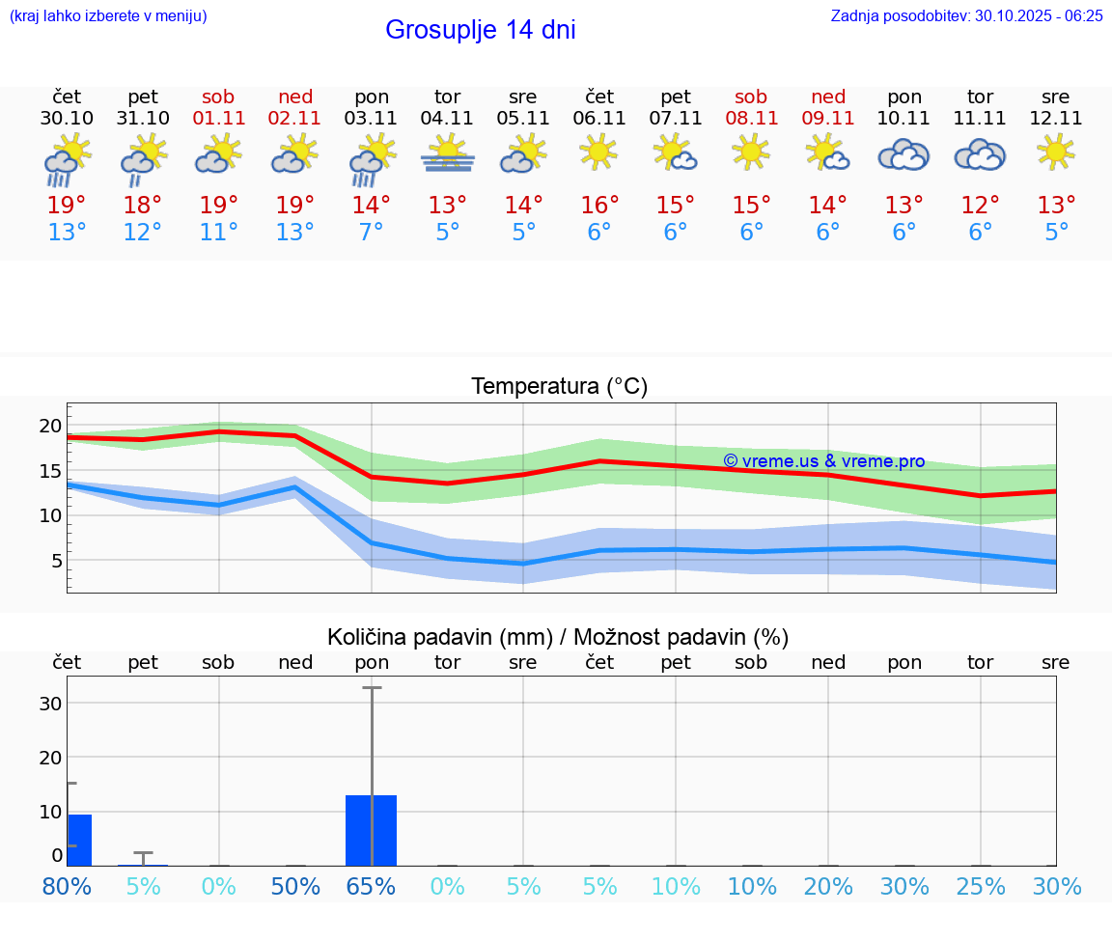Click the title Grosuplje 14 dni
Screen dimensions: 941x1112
tap(480, 30)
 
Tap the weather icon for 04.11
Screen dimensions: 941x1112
tap(447, 154)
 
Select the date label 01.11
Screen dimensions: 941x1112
tap(219, 119)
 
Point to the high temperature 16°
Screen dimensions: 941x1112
tap(599, 206)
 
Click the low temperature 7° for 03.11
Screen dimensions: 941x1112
tap(372, 233)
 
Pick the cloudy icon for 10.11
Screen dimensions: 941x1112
tap(903, 154)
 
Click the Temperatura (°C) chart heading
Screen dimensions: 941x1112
tap(559, 387)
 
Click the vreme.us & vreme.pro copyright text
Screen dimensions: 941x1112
tap(823, 461)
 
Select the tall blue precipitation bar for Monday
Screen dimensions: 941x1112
tap(372, 830)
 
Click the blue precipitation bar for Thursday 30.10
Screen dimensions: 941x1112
tap(79, 840)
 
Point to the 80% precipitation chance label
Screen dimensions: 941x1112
tap(67, 886)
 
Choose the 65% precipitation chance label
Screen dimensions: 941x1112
tap(372, 886)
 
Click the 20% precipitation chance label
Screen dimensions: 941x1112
tap(828, 886)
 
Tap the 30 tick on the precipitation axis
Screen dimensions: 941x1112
tap(50, 704)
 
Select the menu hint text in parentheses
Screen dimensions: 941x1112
tap(107, 15)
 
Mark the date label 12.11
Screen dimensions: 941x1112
tap(1056, 119)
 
